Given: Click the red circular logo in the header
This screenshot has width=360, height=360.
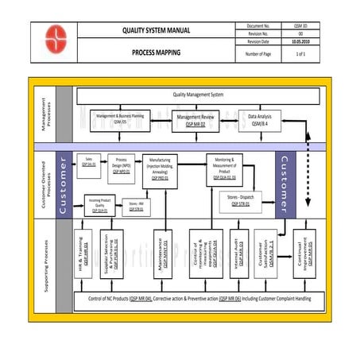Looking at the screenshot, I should [55, 41].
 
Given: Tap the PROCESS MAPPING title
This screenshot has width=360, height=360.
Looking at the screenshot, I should [156, 52].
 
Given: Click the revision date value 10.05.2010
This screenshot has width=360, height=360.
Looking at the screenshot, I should [300, 41].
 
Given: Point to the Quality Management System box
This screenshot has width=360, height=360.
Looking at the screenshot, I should [198, 95].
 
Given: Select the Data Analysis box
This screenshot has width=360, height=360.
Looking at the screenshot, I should [258, 121].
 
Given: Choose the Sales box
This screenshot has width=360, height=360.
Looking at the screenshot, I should [88, 162].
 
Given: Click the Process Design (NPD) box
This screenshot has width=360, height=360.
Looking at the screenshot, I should [122, 165].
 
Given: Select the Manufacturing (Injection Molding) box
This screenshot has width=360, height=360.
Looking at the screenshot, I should [160, 170].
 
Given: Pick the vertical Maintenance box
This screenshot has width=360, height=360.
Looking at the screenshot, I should [162, 254].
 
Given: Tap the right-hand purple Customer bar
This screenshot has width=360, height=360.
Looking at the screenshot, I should [285, 185].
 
